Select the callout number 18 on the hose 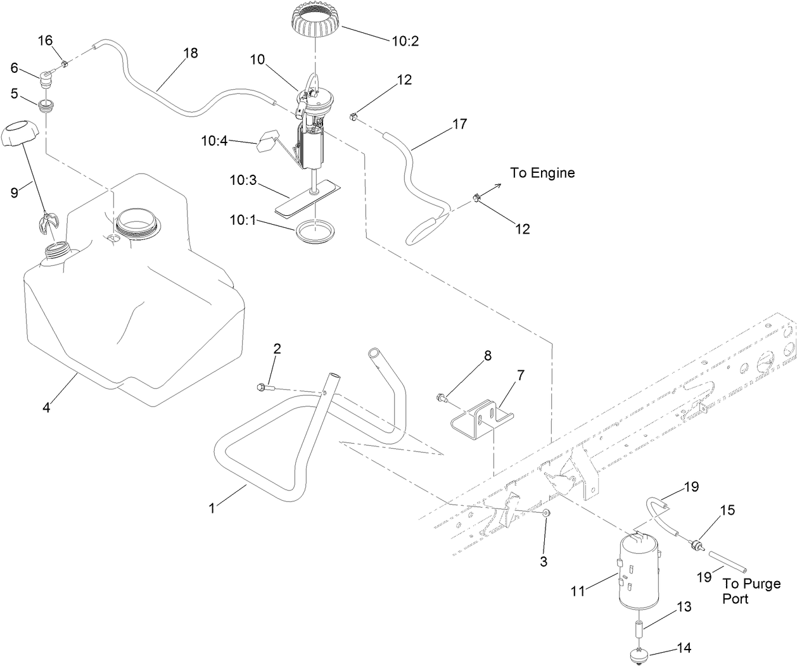click(x=190, y=53)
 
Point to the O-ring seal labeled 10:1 click(x=314, y=232)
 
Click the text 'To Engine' click(x=543, y=173)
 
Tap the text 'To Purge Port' click(x=751, y=591)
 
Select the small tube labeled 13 click(x=639, y=632)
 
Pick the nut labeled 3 click(x=546, y=513)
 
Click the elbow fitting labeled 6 click(x=46, y=80)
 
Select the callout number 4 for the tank click(x=46, y=407)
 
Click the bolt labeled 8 click(x=442, y=398)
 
